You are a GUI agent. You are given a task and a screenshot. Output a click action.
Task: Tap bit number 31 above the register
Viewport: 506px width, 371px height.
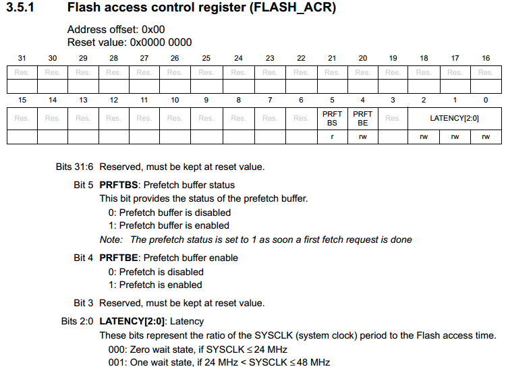click(22, 59)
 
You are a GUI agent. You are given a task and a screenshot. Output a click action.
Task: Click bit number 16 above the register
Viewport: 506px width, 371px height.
click(485, 59)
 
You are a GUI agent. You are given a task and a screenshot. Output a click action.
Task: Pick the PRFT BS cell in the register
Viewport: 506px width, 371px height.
click(332, 118)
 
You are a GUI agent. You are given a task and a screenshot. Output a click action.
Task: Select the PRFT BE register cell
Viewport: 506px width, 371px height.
click(362, 118)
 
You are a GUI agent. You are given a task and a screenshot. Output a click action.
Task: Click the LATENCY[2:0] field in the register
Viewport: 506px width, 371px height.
click(454, 118)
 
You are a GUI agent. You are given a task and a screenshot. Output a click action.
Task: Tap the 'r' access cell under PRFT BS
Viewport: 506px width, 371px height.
click(332, 137)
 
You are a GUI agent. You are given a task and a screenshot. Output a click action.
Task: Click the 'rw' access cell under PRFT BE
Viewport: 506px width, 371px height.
click(362, 137)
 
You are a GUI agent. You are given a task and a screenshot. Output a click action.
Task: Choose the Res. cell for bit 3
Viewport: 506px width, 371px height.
click(393, 118)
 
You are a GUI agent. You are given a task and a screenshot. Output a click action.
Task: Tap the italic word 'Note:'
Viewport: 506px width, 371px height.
click(111, 239)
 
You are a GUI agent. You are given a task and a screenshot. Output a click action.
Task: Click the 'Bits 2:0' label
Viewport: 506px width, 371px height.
click(77, 321)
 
